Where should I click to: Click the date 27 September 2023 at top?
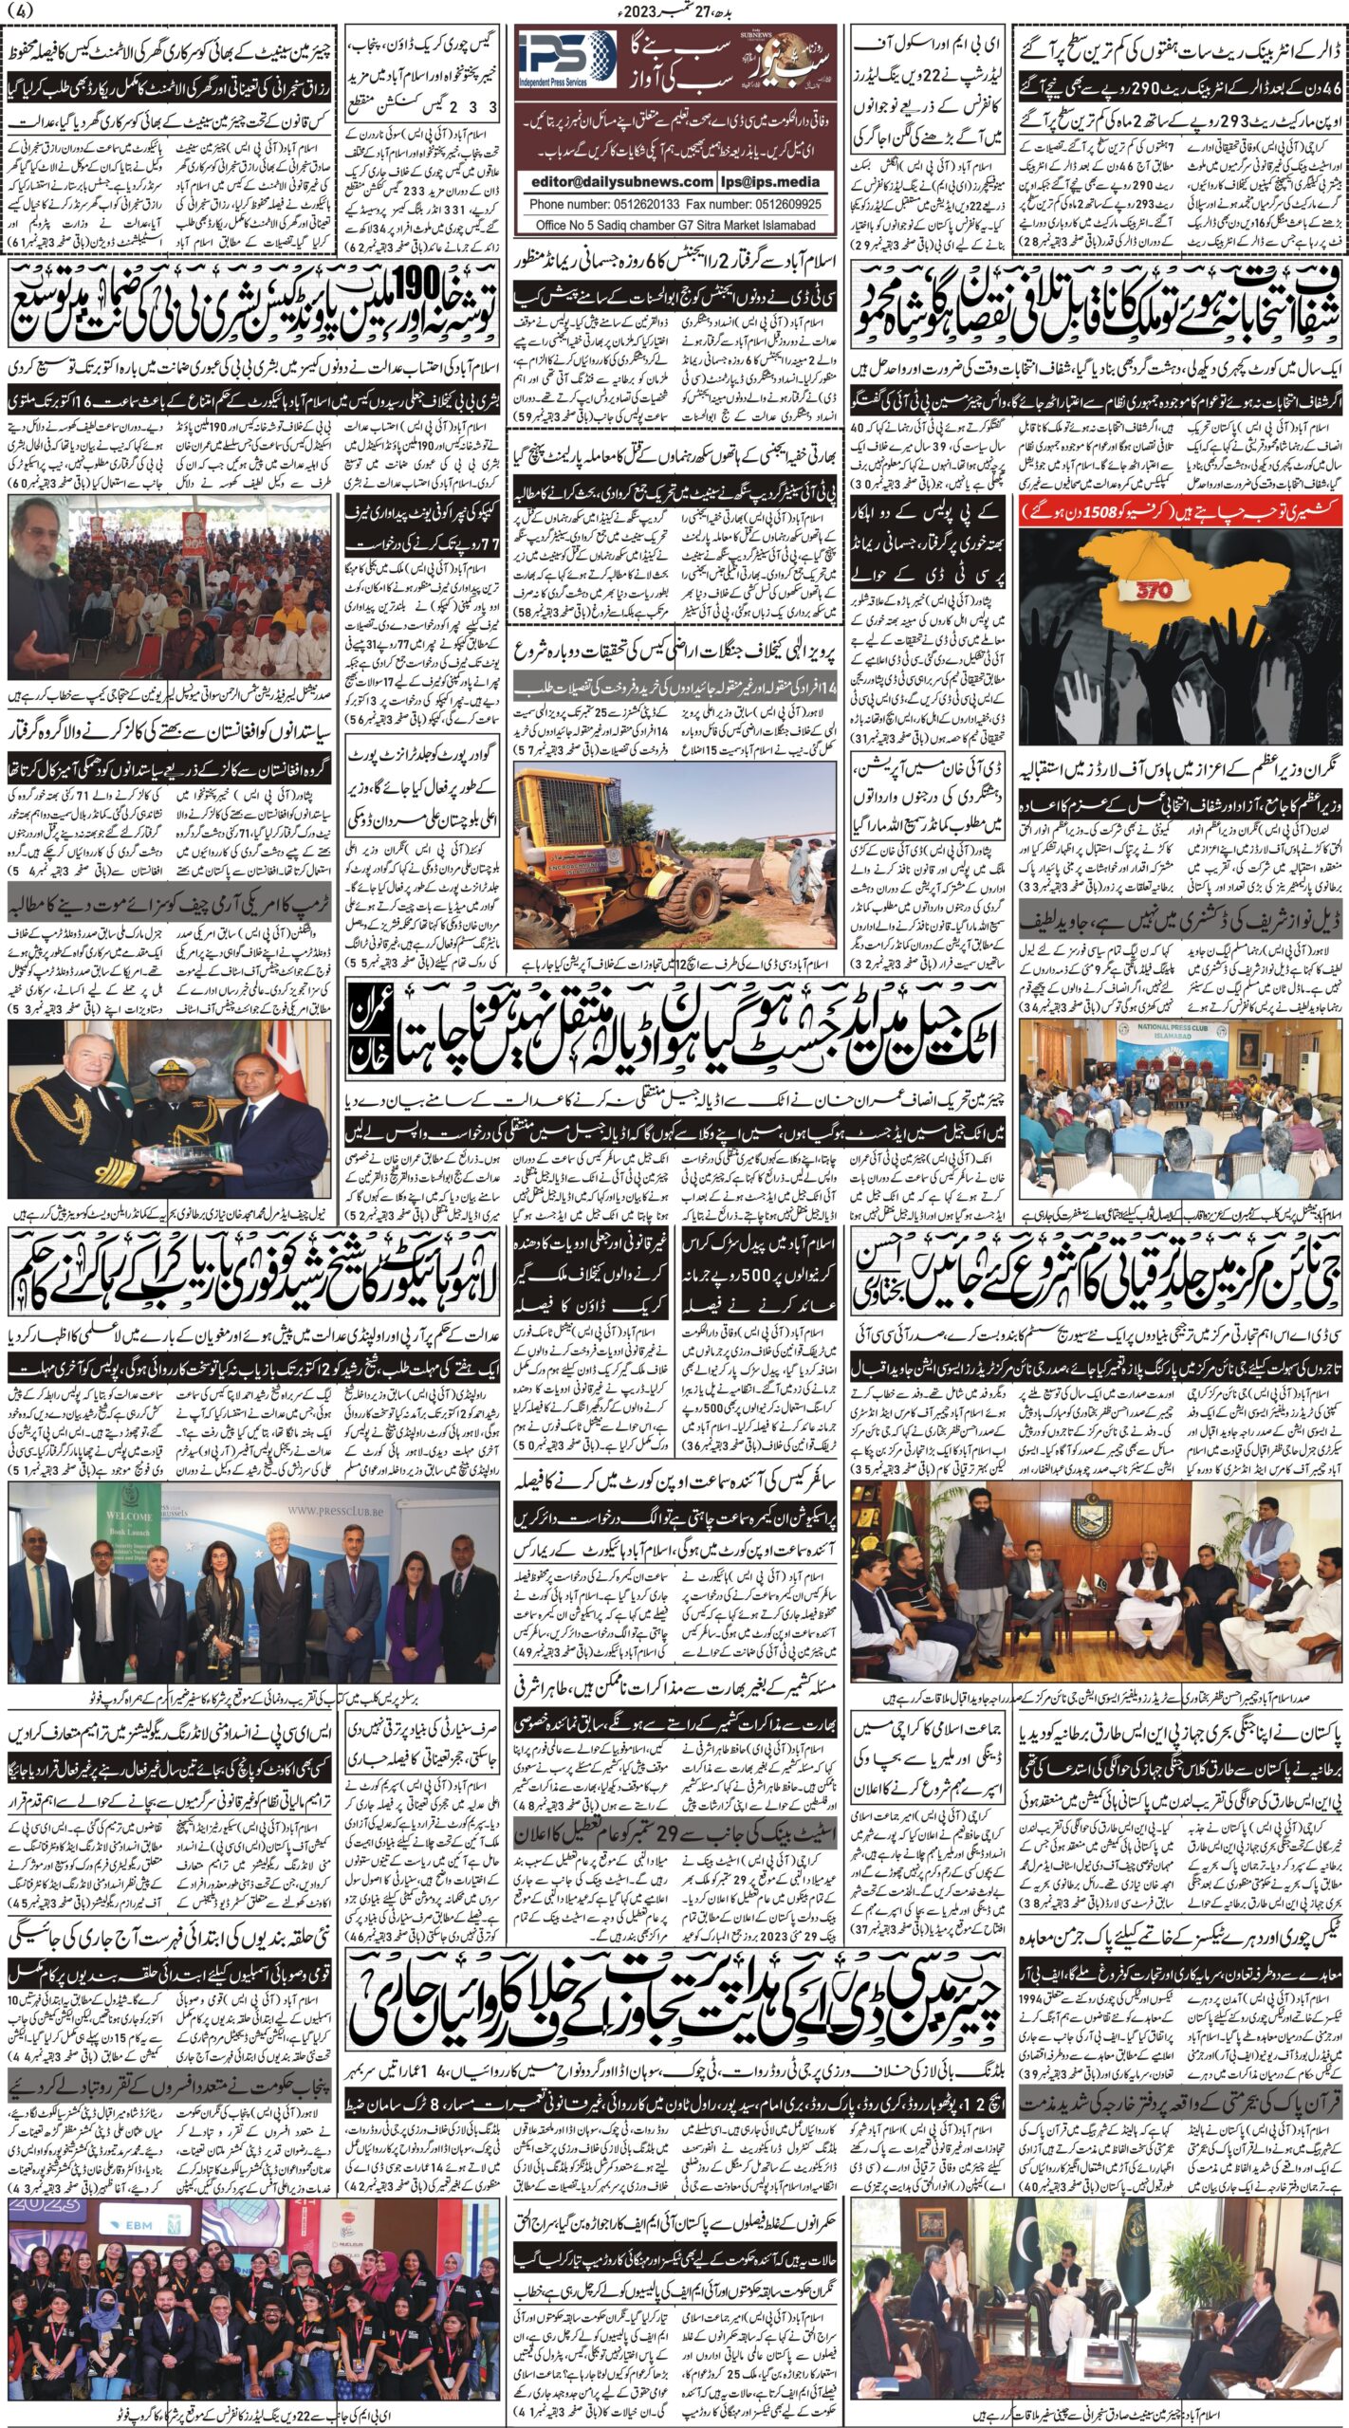674,10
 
